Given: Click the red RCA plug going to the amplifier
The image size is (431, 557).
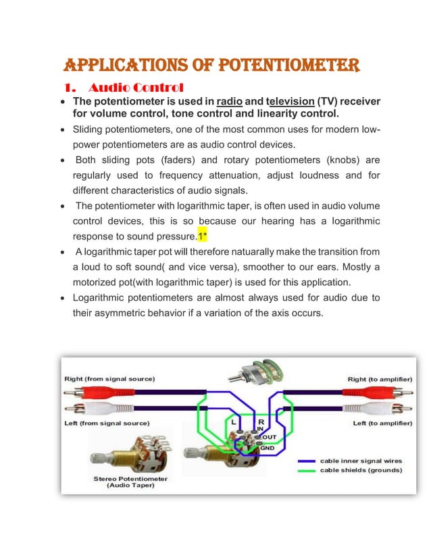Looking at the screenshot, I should coord(382,391).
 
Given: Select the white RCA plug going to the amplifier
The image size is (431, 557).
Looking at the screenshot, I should coord(382,409).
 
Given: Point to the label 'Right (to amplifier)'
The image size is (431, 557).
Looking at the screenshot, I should coord(379,379).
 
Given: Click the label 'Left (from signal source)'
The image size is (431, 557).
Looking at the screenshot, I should coord(107,423).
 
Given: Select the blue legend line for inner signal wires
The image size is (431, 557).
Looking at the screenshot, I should coord(307,461).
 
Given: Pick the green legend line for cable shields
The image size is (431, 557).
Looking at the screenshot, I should coord(307,470).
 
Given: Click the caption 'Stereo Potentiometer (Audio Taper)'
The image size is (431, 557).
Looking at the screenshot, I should coord(131,482).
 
